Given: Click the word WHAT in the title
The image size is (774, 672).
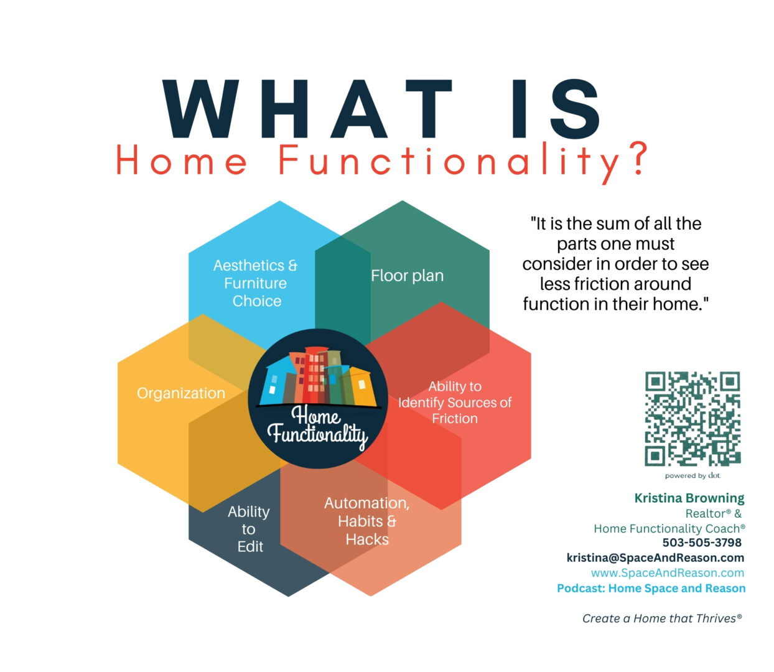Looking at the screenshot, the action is (x=307, y=108).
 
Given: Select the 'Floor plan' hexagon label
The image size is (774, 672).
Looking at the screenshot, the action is (x=407, y=276).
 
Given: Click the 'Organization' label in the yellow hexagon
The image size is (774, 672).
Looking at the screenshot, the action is (x=181, y=393).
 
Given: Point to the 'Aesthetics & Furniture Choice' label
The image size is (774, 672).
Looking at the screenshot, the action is (x=256, y=283).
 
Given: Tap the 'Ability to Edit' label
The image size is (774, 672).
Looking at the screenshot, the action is (x=249, y=529).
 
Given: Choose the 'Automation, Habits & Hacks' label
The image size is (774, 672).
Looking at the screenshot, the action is (x=367, y=521).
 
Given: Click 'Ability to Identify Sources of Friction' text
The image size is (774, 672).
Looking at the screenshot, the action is (x=455, y=403).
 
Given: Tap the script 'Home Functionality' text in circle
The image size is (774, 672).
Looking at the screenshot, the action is (x=317, y=427).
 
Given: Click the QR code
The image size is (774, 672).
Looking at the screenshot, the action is (x=692, y=419).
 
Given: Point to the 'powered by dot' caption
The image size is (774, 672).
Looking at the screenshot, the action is (x=692, y=476).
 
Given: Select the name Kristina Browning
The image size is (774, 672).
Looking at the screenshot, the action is (x=689, y=498).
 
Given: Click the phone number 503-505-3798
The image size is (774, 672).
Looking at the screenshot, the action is (x=702, y=543).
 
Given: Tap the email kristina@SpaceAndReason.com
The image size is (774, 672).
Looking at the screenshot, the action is (x=655, y=558).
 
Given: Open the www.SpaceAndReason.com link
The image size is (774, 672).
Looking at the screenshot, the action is (x=668, y=573).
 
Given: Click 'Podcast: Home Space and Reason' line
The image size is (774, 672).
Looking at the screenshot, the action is (x=651, y=589).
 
